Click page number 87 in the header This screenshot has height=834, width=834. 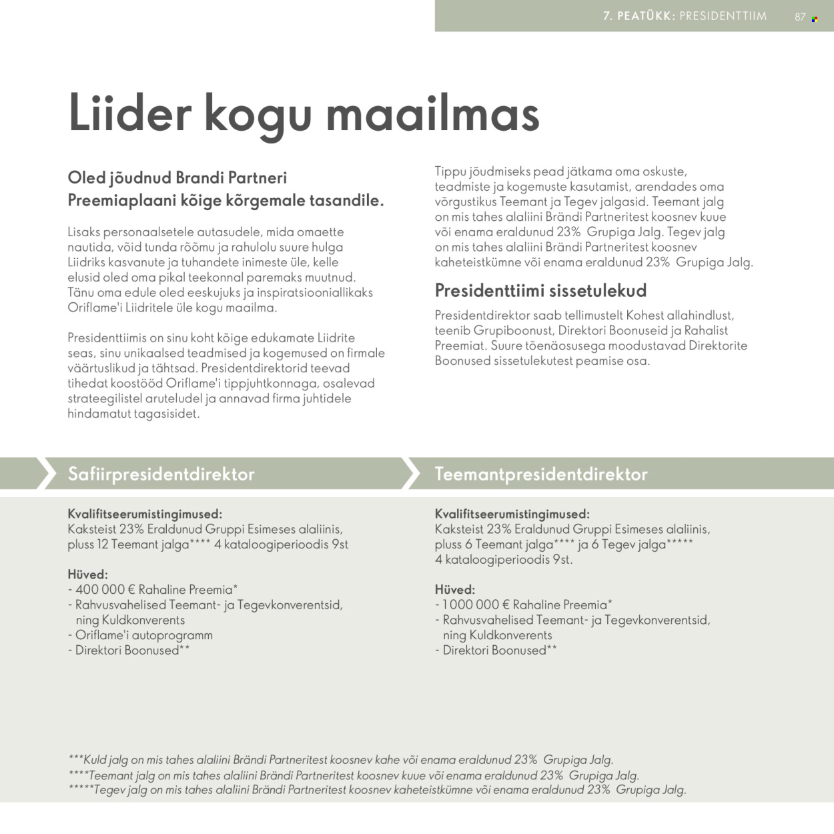pos(800,17)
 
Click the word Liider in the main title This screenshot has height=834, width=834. pos(130,113)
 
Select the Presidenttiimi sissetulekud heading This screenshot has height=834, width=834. pos(540,290)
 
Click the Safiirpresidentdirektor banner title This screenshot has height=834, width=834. pos(161,474)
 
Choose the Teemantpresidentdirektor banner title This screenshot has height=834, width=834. pos(541,474)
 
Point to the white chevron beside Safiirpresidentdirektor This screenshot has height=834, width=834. pos(46,473)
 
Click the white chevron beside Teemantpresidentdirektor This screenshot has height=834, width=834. pos(411,473)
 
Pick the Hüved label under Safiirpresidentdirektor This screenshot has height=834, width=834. pos(87,574)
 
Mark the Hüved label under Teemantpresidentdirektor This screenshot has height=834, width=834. pos(454,590)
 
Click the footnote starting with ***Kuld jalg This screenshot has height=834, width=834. pos(340,760)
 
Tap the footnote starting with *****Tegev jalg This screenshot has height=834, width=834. pos(377,790)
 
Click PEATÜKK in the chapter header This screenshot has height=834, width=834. pos(645,16)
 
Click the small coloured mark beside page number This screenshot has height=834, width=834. pos(815,19)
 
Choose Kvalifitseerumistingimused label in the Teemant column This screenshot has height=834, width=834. pos(512,514)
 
